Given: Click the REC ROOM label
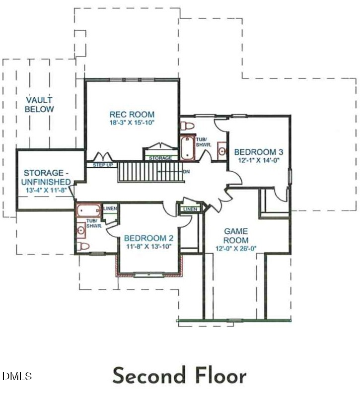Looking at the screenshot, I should pos(132,114).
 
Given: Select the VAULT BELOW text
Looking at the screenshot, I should pos(40,105).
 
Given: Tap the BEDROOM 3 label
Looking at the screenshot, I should pos(257,151).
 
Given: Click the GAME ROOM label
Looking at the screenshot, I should pos(236,235).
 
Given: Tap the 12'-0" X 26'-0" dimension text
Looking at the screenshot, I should pos(236,249).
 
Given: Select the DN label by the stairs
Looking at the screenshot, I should pos(187,172).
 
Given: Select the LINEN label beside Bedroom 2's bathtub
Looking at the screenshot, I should pos(110,208).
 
